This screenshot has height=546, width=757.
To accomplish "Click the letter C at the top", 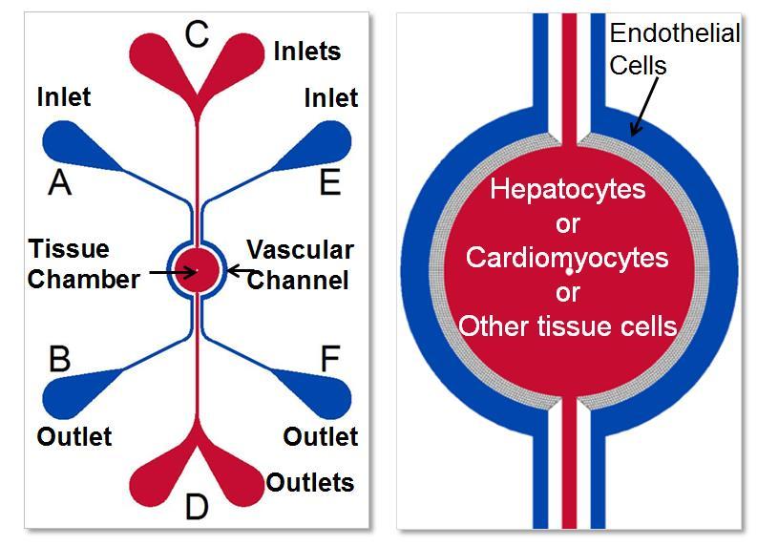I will point(196,34).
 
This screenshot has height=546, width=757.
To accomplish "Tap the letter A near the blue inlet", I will point(60,181).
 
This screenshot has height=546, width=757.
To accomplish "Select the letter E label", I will point(329,181).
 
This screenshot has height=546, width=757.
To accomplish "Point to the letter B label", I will point(59,359).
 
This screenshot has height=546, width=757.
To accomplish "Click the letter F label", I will point(329,359).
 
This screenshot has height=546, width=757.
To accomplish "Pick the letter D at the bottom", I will point(197,507).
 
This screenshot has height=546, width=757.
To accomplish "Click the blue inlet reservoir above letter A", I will point(69,143).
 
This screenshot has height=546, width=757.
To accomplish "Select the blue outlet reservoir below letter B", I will point(69,396).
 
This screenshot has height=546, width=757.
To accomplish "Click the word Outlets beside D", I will point(310,482).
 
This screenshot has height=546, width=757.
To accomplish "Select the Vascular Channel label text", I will point(301,264).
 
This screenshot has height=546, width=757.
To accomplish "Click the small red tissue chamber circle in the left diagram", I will point(197,270).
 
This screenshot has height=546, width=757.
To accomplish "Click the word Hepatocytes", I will point(567,188).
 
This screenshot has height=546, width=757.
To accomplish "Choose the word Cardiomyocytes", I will point(567,258).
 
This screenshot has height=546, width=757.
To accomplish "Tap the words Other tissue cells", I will point(567,326).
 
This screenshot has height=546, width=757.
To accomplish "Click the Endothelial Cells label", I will point(674,50).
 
